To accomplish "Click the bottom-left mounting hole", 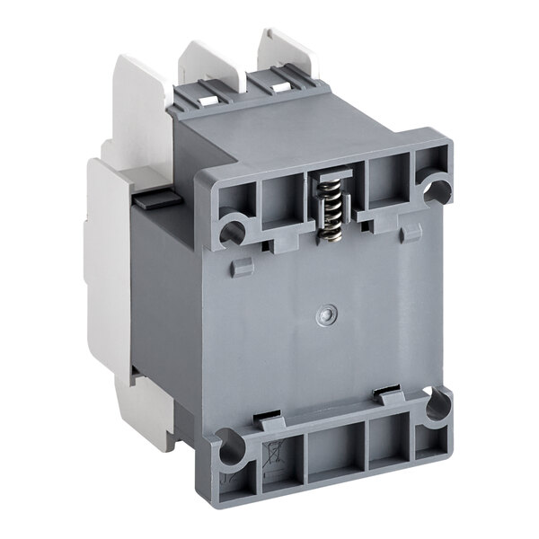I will tap(231, 446).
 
